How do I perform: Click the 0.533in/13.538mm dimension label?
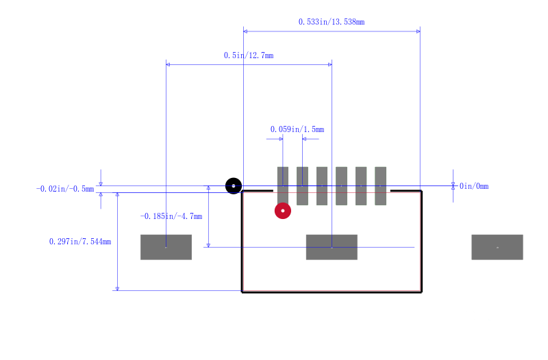(x=332, y=22)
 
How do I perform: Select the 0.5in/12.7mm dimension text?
(x=249, y=55)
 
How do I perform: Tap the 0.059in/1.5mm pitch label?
(x=297, y=129)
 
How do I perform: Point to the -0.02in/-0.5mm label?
(x=65, y=189)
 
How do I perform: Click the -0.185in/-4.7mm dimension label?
(x=171, y=216)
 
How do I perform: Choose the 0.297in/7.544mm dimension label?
(x=80, y=242)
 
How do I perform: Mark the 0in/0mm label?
(x=474, y=186)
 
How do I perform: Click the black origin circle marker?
(x=234, y=185)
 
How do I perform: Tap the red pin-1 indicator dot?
(x=283, y=211)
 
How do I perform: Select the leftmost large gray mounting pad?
(x=166, y=247)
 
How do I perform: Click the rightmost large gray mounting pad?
(x=497, y=247)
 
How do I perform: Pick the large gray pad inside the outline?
(x=332, y=247)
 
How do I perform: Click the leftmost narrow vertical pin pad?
(x=283, y=185)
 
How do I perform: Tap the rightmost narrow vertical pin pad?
(x=381, y=185)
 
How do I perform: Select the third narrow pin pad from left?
(x=322, y=185)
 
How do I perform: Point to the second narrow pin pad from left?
(x=302, y=185)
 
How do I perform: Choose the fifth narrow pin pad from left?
(x=361, y=185)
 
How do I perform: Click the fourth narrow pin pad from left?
(x=341, y=185)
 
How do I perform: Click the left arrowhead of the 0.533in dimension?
(x=245, y=31)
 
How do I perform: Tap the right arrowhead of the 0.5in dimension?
(x=330, y=64)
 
